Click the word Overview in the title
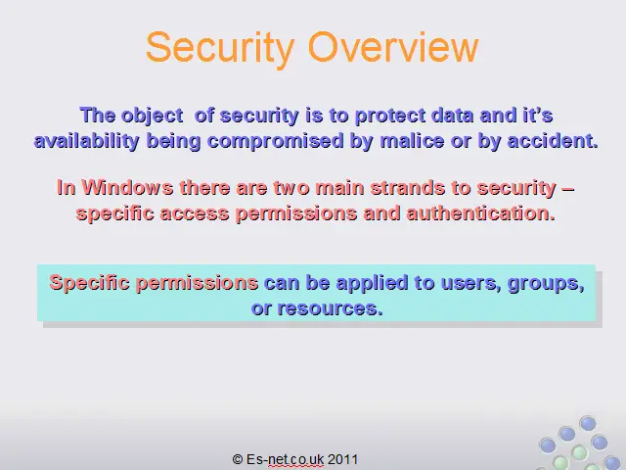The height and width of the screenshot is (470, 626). (393, 47)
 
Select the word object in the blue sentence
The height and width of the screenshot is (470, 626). (153, 116)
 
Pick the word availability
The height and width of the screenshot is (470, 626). (87, 141)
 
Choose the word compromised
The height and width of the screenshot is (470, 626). (276, 141)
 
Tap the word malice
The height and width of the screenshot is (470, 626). (412, 141)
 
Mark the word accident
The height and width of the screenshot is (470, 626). (553, 141)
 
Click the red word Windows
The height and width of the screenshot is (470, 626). (127, 187)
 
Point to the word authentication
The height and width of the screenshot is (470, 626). (481, 213)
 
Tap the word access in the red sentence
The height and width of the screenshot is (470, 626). (195, 213)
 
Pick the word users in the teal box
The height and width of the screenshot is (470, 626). (471, 283)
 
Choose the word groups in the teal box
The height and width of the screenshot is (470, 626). (546, 284)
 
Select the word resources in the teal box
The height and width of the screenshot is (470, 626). (331, 308)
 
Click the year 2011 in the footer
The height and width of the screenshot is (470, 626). (343, 459)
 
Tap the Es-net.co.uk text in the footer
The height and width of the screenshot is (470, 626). (285, 459)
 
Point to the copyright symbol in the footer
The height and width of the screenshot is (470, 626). (238, 459)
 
